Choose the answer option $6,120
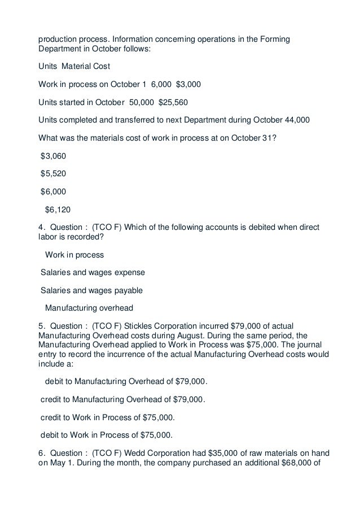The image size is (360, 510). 58,210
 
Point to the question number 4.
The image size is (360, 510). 41,228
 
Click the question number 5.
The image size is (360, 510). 41,325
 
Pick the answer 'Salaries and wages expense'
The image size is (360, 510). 93,272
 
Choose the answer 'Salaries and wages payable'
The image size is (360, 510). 91,290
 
